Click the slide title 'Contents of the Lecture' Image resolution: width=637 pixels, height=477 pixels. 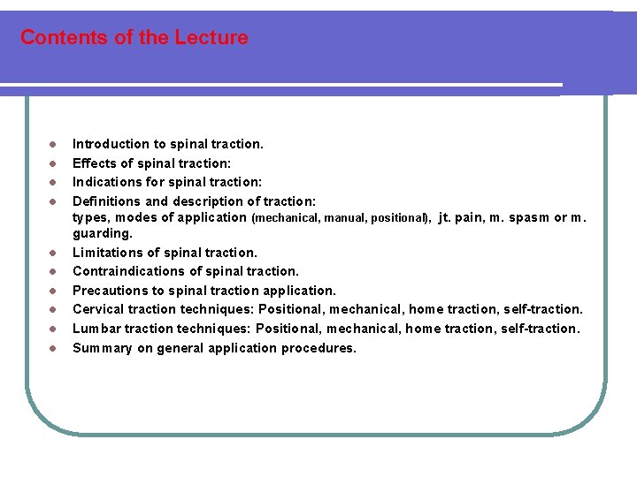(134, 38)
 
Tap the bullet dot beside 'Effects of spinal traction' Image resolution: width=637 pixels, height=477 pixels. (53, 163)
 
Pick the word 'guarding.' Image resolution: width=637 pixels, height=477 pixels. (103, 234)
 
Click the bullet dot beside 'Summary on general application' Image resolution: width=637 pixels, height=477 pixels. (53, 348)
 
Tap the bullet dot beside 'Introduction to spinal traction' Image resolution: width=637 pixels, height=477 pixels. (53, 144)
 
